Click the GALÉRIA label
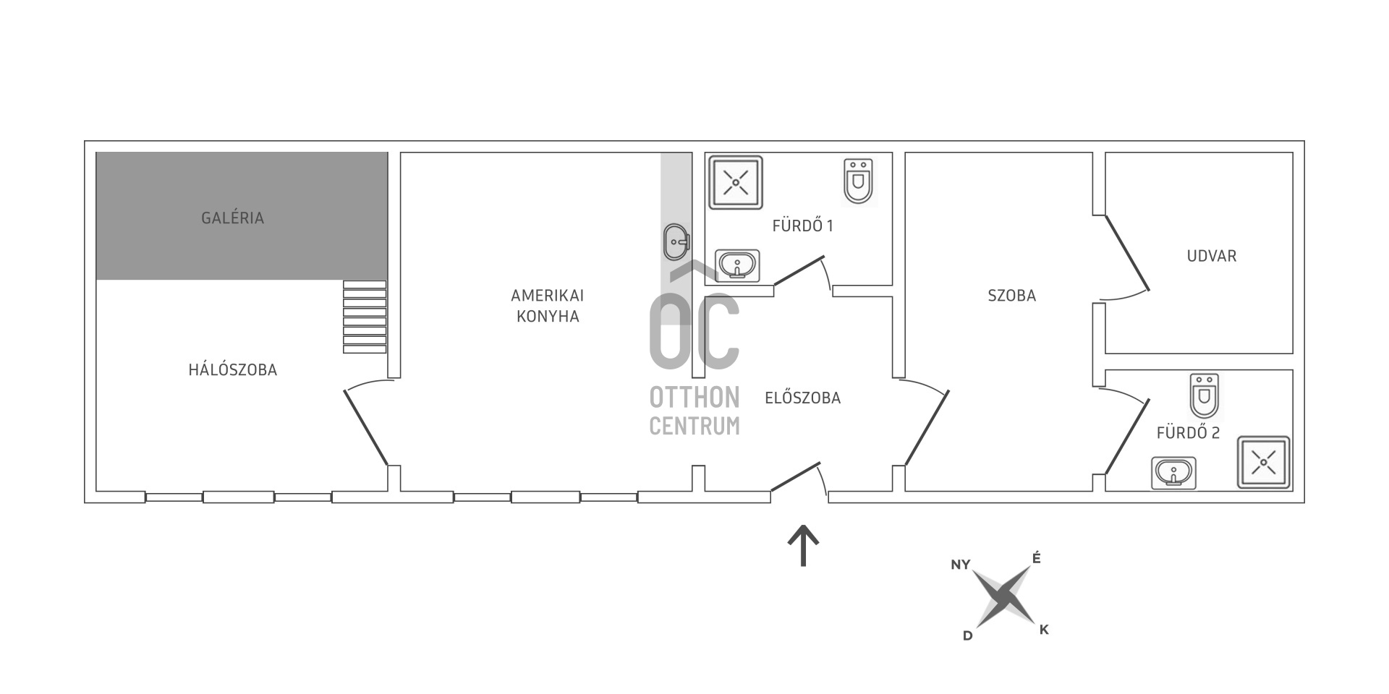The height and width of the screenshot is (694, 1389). (232, 218)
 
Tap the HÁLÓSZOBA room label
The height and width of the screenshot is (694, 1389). (233, 369)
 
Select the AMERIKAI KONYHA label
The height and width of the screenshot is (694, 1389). (548, 306)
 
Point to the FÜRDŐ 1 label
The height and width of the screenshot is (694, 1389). (803, 226)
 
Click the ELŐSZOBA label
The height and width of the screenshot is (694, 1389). (803, 398)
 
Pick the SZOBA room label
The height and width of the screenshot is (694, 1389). (1012, 295)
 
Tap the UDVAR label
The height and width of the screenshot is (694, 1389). (1212, 255)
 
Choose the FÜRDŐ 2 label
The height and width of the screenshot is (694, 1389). (1188, 433)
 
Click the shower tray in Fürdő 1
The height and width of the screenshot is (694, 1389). (736, 182)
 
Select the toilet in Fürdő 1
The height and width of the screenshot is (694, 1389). (859, 181)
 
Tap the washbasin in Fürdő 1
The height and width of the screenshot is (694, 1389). (738, 265)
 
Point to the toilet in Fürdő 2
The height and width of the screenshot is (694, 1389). (1205, 396)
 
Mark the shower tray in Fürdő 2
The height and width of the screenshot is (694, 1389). (1264, 462)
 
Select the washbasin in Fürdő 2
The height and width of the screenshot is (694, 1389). (1173, 474)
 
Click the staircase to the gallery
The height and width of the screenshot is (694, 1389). (365, 317)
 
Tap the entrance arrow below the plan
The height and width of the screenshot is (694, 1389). (803, 546)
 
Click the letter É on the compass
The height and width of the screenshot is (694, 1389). (1037, 558)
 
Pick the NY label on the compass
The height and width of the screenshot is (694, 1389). (961, 565)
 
